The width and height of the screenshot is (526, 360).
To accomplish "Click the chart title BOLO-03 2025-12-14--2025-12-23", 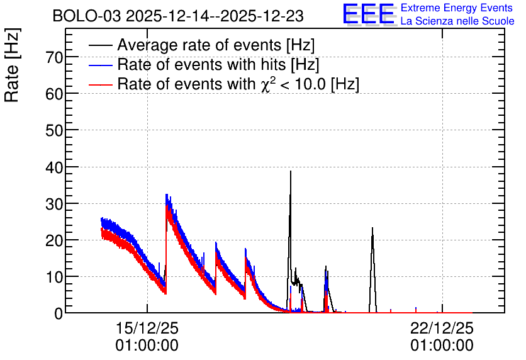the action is point(178,16).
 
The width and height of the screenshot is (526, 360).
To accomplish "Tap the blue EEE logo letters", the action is point(369,14).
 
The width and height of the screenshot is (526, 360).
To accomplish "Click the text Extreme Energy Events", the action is point(457,8).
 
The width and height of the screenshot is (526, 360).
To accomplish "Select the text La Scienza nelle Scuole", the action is point(457,21).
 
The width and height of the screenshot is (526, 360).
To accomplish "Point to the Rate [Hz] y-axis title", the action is point(13,65).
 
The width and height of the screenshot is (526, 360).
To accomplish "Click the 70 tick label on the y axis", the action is point(54,58).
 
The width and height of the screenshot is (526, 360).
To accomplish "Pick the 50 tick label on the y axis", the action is point(54,130).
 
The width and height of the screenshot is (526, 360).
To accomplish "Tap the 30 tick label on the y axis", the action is point(54,204).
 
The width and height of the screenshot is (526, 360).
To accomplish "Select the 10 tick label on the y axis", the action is point(54,277).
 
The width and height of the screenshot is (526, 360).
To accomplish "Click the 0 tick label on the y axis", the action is point(59,313).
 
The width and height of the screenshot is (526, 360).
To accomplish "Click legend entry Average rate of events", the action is point(216,45).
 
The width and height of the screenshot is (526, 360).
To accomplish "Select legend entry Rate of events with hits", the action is point(218,64).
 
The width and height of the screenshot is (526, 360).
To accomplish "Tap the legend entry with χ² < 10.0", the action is point(238,84).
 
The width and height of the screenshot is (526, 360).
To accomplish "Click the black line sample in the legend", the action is point(100,45).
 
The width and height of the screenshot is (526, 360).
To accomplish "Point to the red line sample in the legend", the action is point(100,84).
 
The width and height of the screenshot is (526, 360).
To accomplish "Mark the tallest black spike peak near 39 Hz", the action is point(291,171).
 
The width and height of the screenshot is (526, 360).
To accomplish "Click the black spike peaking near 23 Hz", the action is point(372,228).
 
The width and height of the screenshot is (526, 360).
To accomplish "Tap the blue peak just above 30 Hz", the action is point(166,195).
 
